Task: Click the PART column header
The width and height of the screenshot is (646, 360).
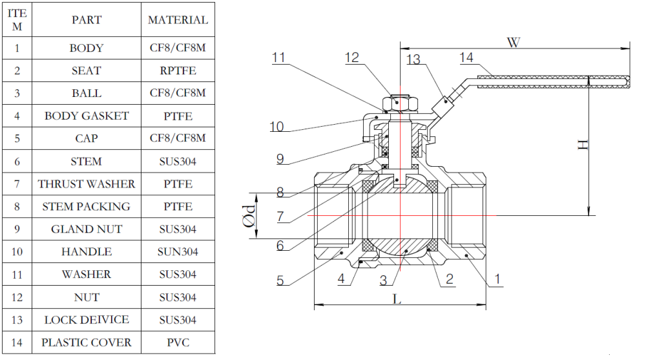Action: (x=87, y=20)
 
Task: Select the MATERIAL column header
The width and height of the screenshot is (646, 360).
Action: (x=178, y=20)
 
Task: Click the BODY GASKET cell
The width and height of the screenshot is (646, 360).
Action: (x=87, y=116)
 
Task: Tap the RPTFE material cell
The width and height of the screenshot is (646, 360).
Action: (x=178, y=70)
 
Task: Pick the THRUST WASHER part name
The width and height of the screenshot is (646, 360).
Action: (x=87, y=184)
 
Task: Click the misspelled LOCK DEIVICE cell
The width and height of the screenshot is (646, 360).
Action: (x=87, y=320)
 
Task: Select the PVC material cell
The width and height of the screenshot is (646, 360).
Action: (x=178, y=343)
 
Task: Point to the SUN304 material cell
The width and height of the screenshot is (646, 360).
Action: (x=178, y=252)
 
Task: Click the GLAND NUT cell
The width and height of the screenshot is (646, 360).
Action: (x=87, y=229)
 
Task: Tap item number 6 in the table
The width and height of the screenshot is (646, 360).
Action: (x=17, y=162)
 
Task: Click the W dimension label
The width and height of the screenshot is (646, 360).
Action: (x=513, y=43)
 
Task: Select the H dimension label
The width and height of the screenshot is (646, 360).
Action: (x=583, y=145)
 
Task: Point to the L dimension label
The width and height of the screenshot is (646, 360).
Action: (x=397, y=299)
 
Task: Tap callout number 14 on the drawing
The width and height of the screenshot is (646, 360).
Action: (x=466, y=58)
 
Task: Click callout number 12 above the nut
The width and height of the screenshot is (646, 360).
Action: (x=351, y=58)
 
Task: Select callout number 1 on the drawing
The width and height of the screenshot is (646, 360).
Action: (x=497, y=279)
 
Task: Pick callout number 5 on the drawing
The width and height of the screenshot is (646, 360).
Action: (x=280, y=281)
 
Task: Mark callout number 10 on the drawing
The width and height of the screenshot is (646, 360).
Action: (x=276, y=127)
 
